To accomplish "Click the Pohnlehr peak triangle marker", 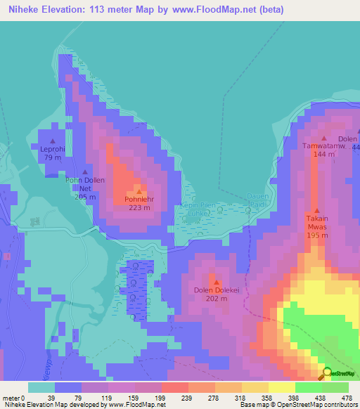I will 139,192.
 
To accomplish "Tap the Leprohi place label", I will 53,149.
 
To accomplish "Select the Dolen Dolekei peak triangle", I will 216,283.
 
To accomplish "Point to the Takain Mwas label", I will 317,223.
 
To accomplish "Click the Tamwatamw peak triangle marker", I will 323,138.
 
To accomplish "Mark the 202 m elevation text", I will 216,298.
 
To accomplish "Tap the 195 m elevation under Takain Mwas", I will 317,235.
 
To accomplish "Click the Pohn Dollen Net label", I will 85,184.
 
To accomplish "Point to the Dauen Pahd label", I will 257,200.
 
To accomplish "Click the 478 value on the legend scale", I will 346,397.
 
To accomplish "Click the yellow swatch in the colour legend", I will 282,387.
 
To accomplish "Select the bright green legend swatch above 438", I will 309,387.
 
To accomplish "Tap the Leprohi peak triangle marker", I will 53,141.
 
